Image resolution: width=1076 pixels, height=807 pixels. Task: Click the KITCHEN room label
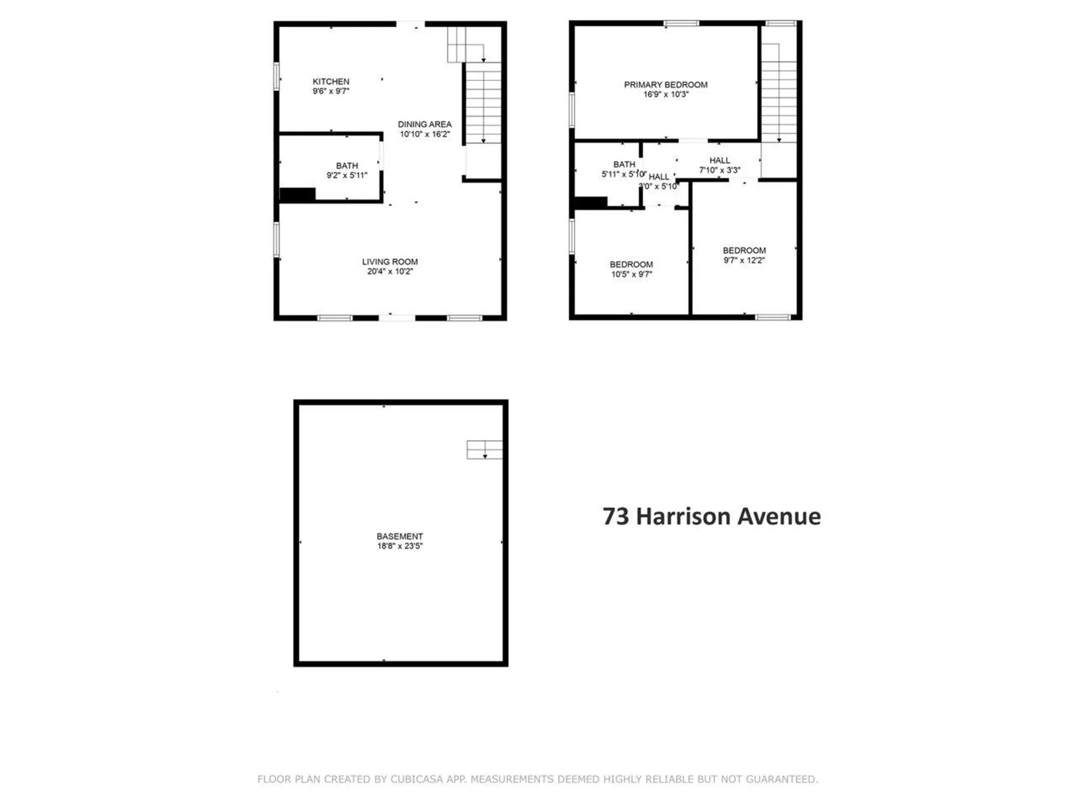point(331,82)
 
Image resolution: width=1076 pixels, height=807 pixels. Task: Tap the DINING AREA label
point(424,124)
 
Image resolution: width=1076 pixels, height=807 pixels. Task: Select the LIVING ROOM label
point(389,262)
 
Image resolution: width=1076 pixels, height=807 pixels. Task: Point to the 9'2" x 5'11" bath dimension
point(347,175)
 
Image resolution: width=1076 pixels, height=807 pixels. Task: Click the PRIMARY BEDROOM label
point(665,85)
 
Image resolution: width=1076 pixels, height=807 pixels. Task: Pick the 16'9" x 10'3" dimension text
point(665,95)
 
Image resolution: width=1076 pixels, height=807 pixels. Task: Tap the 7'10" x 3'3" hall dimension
point(720,170)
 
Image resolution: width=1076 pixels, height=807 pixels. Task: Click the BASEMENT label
point(400,536)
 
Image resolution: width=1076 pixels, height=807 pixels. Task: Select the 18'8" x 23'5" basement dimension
point(400,546)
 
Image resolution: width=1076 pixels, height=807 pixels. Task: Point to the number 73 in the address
point(615,516)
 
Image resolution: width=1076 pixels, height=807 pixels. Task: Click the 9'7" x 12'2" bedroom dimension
point(744,261)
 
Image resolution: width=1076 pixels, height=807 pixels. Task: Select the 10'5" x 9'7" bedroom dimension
point(631,275)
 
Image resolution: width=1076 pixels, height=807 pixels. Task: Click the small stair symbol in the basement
point(484,449)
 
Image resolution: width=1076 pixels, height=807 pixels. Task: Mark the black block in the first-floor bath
point(298,194)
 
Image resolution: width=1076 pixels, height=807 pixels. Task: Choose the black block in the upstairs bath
point(591,202)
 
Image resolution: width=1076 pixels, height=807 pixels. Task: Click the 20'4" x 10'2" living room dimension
point(389,272)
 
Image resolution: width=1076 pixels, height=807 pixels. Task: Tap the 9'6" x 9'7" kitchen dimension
point(331,91)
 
